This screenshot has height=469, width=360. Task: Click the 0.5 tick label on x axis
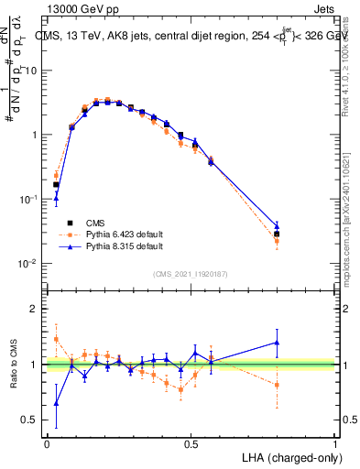point(191,442)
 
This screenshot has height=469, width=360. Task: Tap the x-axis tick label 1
point(335,442)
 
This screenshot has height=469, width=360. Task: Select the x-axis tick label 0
point(47,442)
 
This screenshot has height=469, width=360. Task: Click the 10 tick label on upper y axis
point(32,71)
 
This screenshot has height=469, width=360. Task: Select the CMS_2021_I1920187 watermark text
point(191,274)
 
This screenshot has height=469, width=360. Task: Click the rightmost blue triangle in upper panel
point(277,225)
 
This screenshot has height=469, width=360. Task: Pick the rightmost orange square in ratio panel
point(277,385)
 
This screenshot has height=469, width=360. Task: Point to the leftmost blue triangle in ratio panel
point(56,403)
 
